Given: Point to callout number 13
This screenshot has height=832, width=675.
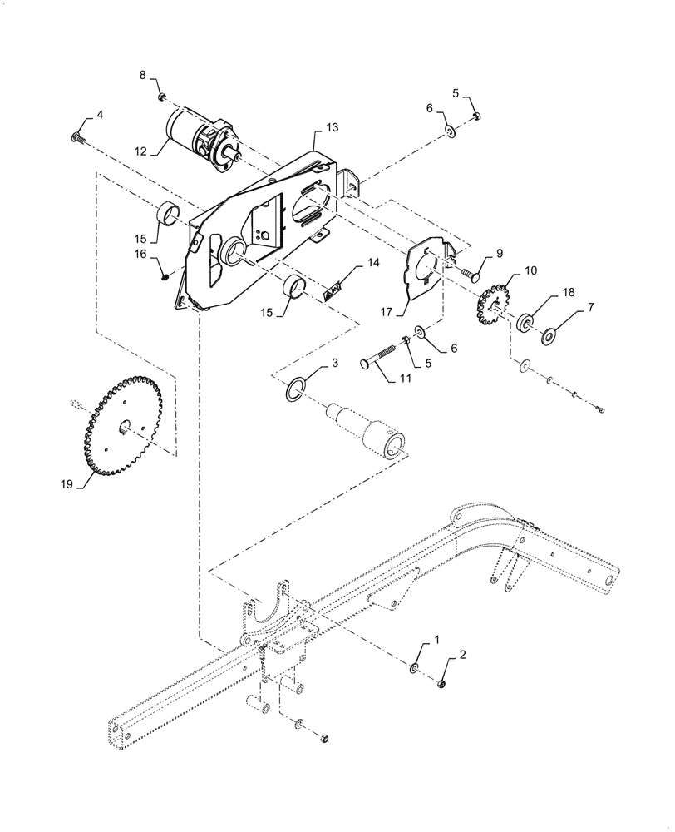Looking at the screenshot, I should [x=333, y=128].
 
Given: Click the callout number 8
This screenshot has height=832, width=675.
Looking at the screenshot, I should [x=142, y=75].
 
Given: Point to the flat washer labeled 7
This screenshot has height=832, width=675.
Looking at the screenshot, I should [x=549, y=336].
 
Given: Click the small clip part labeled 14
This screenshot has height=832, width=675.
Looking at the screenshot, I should [x=333, y=289].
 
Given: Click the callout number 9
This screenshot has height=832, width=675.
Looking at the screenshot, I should [x=500, y=252].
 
